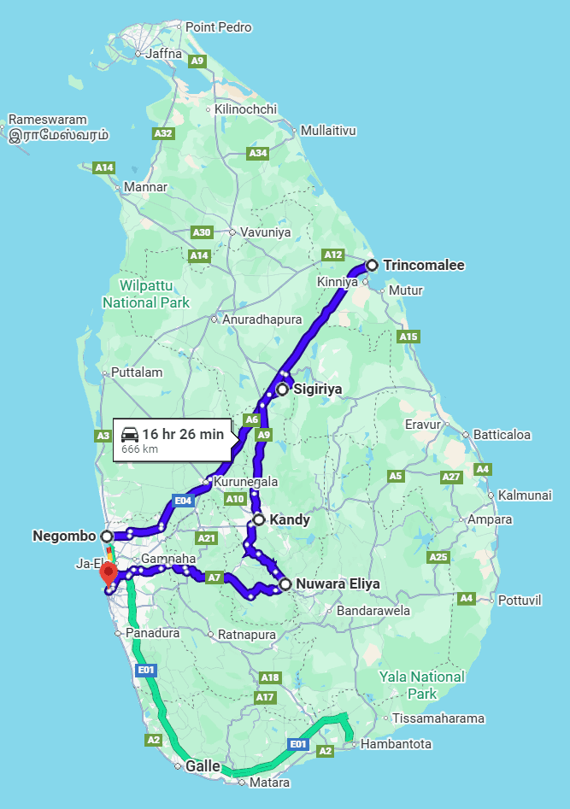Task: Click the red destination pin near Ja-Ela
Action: (109, 573)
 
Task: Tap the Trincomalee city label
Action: (424, 265)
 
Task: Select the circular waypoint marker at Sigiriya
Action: (282, 390)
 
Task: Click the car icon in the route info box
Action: (130, 432)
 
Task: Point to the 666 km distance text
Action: (139, 448)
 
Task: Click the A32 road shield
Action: (162, 133)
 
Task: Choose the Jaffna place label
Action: (165, 53)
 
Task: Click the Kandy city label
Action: (290, 519)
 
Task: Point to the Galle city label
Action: (203, 766)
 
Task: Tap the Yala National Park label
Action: (423, 685)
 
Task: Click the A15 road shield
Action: (408, 337)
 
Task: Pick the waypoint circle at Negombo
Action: (107, 536)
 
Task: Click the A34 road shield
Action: (257, 153)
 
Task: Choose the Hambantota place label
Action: (397, 744)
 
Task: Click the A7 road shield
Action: (214, 578)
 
